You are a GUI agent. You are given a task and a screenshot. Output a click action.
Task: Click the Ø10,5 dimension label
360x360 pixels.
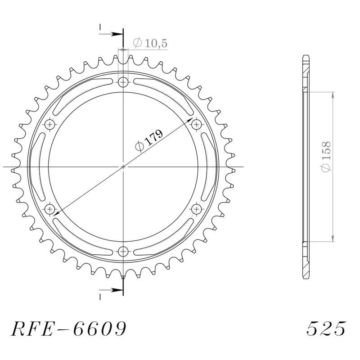(150, 44)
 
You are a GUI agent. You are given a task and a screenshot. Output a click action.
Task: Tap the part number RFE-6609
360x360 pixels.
(68, 329)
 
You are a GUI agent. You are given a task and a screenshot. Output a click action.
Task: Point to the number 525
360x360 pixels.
(326, 329)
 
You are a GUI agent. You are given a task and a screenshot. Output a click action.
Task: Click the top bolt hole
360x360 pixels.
(123, 82)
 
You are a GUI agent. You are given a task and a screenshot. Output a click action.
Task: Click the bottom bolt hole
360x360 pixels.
(123, 251)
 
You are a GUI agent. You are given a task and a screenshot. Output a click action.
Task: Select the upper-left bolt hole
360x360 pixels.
(50, 124)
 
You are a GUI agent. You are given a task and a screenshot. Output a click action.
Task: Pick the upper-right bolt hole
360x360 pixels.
(197, 124)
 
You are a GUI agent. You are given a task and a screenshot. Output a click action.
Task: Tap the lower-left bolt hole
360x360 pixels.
(50, 209)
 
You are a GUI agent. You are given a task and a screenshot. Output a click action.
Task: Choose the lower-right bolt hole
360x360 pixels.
(197, 209)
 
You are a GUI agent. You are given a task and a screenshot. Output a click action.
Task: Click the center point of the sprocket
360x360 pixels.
(123, 166)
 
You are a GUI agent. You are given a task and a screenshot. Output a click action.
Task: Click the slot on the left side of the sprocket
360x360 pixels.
(36, 166)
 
